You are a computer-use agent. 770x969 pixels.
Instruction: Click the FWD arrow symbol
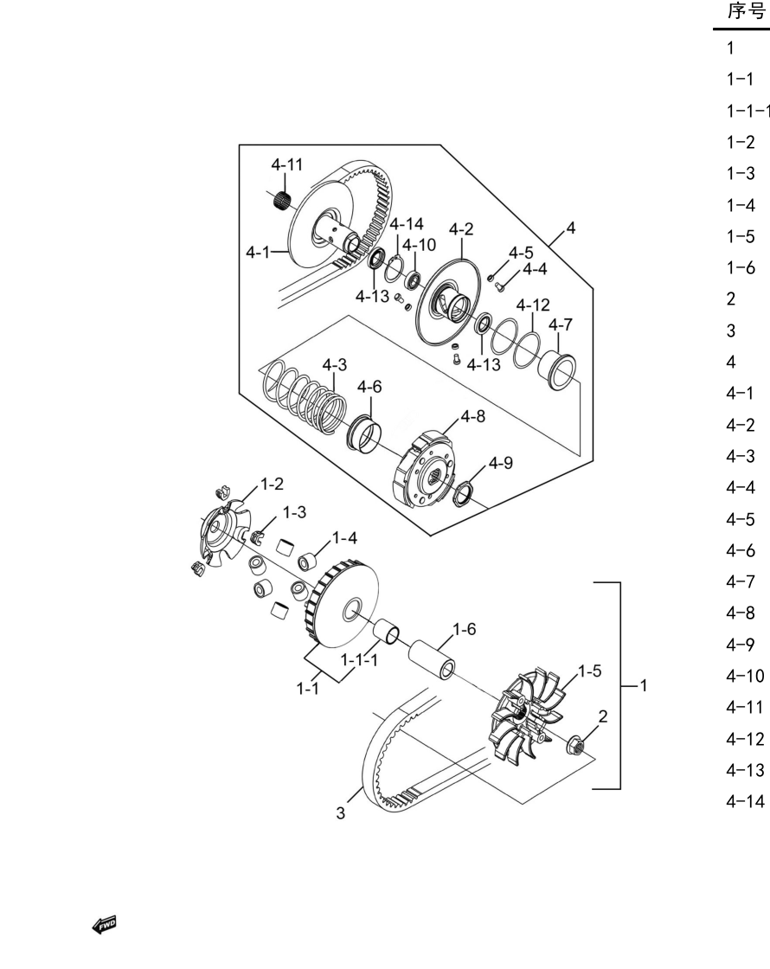pos(105,925)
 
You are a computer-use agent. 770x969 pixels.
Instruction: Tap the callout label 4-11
pos(286,165)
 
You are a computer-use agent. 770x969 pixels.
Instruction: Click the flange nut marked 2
pos(575,745)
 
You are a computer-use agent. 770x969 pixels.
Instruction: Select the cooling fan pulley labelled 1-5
pos(527,715)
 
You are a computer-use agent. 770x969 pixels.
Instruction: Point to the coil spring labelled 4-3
pos(304,397)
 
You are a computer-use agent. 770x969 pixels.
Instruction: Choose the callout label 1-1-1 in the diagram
pos(359,660)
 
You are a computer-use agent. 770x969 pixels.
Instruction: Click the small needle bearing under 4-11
pos(282,200)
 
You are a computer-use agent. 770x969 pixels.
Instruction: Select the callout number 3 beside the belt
pos(341,813)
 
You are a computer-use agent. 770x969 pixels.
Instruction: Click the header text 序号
pos(746,11)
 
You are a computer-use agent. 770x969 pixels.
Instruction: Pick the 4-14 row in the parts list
pos(745,801)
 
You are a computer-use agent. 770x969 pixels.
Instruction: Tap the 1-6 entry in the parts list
pos(741,267)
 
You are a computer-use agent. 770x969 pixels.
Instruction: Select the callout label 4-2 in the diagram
pos(461,229)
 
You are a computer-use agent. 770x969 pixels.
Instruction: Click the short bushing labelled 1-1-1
pos(387,631)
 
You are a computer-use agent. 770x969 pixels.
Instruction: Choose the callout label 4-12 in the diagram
pos(533,305)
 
